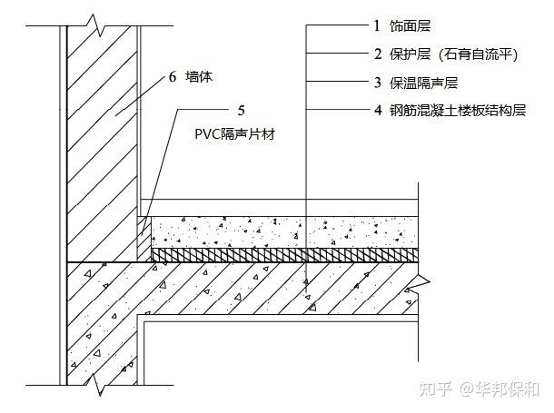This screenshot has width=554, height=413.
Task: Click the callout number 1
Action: [x=377, y=25]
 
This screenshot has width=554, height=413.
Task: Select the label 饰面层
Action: [x=411, y=25]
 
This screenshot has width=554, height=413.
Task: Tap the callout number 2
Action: [x=378, y=54]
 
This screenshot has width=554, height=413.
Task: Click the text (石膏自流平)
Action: [x=478, y=54]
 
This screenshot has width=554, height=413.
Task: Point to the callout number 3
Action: [x=378, y=83]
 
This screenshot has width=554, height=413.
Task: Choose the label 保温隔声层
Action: [x=423, y=83]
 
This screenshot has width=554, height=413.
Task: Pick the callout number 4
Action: [x=378, y=110]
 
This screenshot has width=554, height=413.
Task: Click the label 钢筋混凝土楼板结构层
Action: [x=458, y=111]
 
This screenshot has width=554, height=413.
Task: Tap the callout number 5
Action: [x=241, y=111]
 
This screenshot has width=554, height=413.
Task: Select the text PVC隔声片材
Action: [x=234, y=134]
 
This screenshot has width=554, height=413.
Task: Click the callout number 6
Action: [x=173, y=76]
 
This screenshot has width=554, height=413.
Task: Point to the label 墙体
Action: [x=199, y=76]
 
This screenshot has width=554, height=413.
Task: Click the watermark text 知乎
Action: [x=436, y=389]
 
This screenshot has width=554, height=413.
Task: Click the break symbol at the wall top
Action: [x=96, y=25]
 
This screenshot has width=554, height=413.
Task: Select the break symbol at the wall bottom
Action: [x=95, y=385]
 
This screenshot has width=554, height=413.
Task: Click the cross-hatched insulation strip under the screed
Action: [x=285, y=254]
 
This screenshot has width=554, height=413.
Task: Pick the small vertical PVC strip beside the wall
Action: [x=144, y=239]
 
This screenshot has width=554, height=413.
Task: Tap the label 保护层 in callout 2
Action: [x=411, y=54]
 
